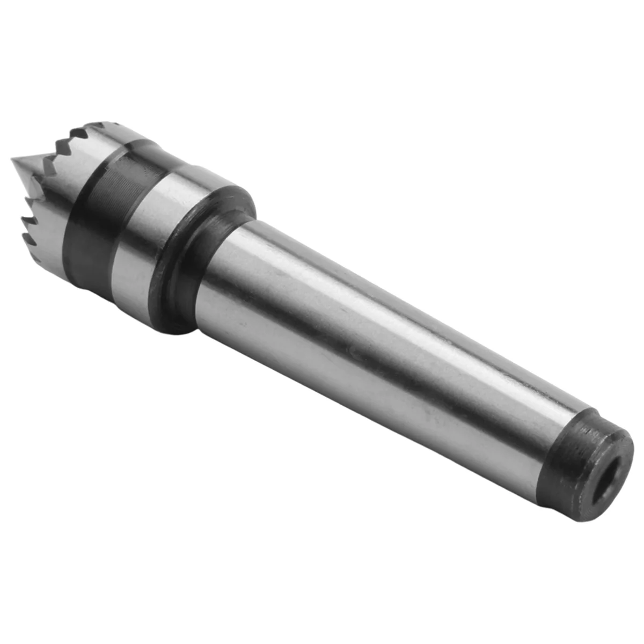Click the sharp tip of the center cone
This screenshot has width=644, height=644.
tap(13, 160)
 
